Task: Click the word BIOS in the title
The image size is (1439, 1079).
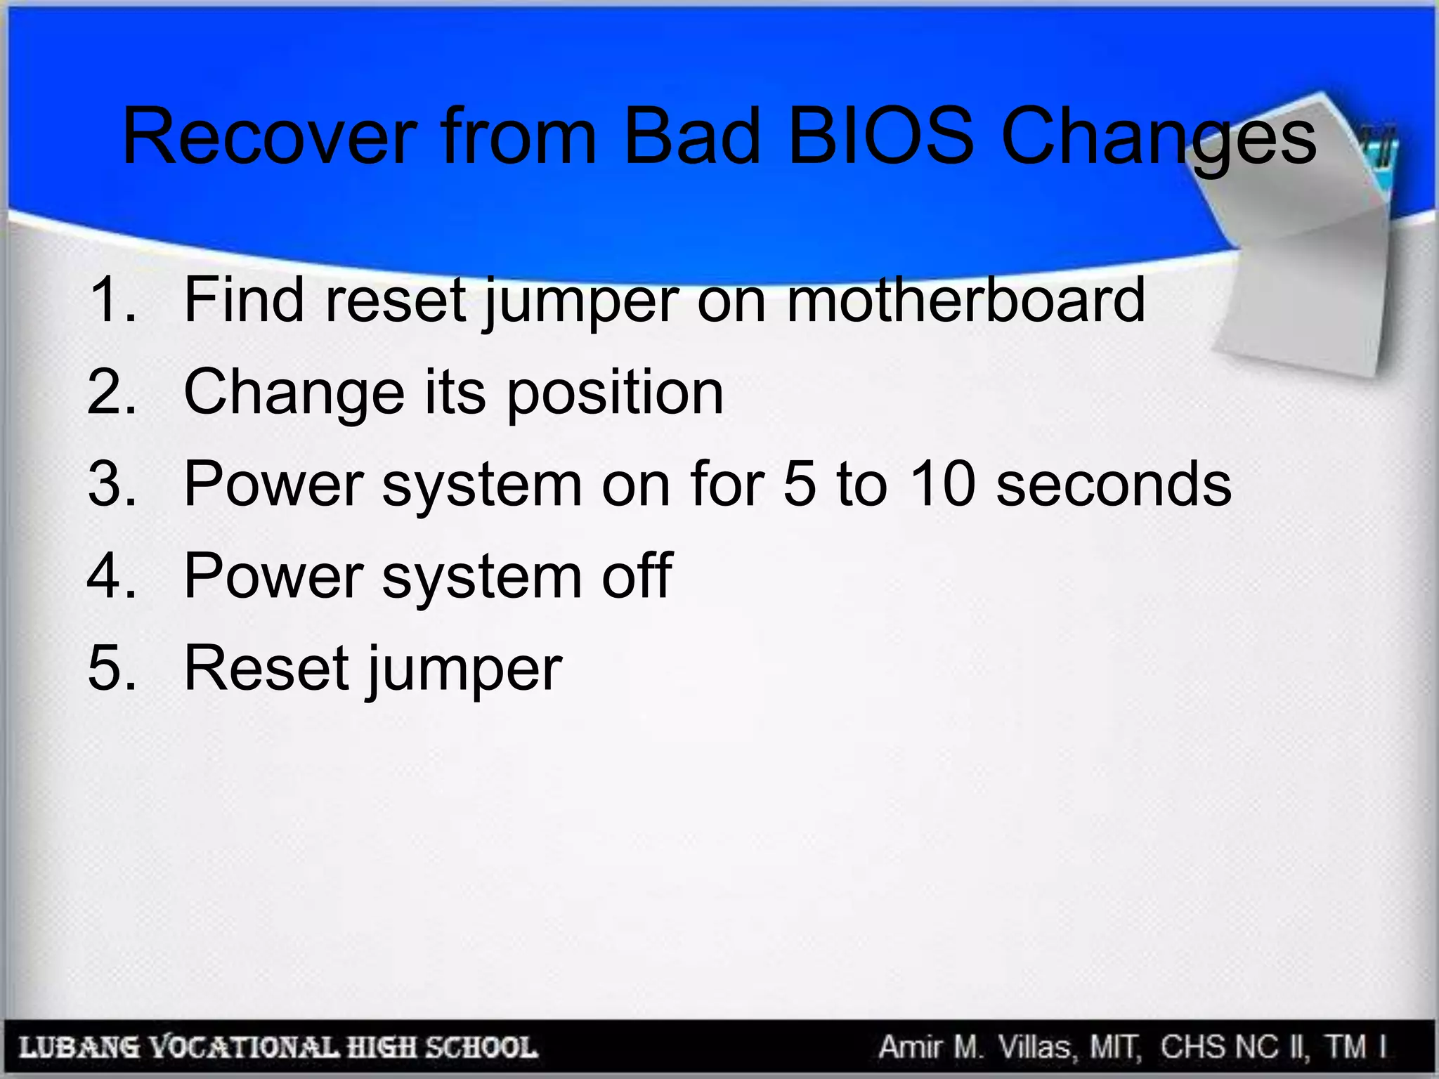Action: click(x=881, y=136)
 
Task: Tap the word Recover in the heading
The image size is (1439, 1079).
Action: click(x=270, y=136)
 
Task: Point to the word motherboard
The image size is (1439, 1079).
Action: click(x=965, y=300)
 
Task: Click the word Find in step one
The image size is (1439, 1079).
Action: click(x=245, y=300)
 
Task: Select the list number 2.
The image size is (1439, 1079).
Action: click(x=111, y=392)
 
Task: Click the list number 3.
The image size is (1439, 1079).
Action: click(x=111, y=484)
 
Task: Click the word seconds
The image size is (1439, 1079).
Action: click(x=1114, y=484)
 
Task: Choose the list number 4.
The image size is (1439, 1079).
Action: click(x=111, y=576)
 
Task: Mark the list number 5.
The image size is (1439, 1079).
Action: click(x=111, y=668)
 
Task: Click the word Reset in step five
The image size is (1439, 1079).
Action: click(x=267, y=668)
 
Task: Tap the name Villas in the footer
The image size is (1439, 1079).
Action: click(x=1036, y=1047)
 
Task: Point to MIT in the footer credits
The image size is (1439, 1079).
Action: click(x=1115, y=1047)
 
